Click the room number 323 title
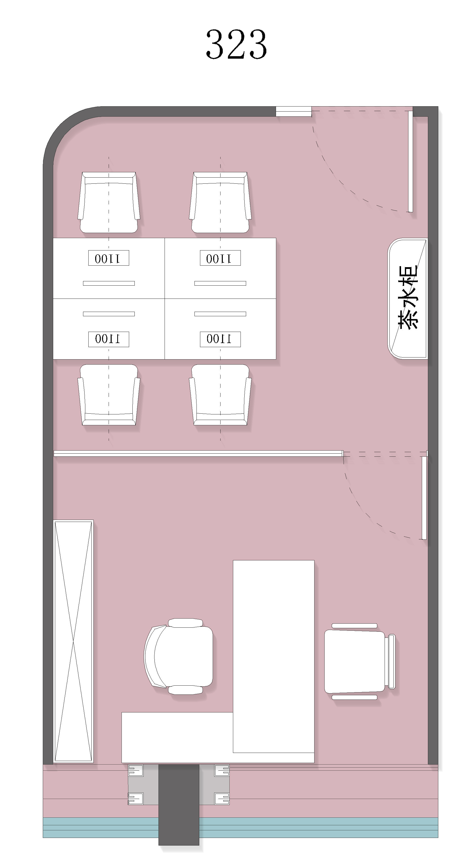coord(236,44)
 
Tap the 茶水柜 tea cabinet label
coord(408,297)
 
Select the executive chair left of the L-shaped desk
coord(179,656)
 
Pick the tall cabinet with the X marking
coord(73,641)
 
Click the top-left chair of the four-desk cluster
coord(109,202)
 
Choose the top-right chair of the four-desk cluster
coord(220,202)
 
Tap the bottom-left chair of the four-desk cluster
coord(109,395)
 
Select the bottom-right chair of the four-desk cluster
coord(220,395)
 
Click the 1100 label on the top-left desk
coord(109,258)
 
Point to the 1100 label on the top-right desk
coord(220,258)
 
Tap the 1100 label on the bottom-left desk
coord(109,339)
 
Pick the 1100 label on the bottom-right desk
coord(220,339)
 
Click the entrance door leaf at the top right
coord(410,161)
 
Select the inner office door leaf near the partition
coord(424,498)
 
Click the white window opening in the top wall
coord(294,111)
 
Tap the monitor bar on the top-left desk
coord(109,283)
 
